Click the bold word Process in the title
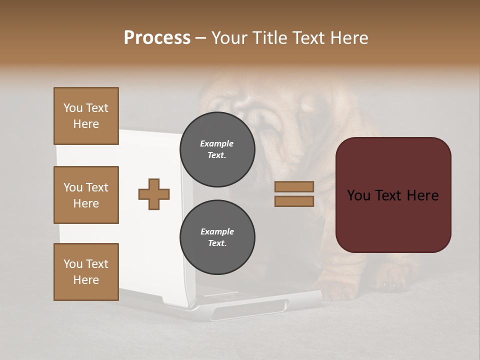click(157, 37)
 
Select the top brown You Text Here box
click(86, 116)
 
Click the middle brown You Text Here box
click(86, 195)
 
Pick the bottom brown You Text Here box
click(86, 271)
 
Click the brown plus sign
click(153, 194)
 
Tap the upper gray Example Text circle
click(217, 149)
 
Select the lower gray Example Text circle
click(217, 237)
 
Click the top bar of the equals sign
click(294, 187)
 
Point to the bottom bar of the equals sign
click(294, 201)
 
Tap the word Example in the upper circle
click(217, 143)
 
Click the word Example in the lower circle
click(217, 231)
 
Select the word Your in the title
click(227, 37)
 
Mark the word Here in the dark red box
click(422, 195)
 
